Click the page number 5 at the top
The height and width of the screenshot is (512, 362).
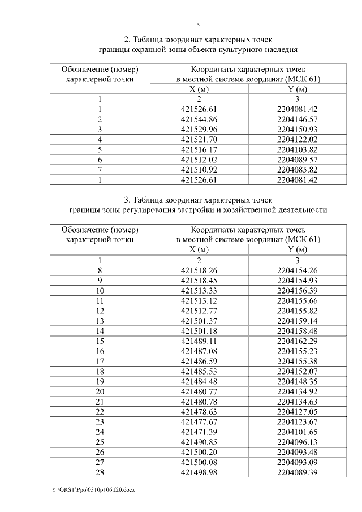click(198, 25)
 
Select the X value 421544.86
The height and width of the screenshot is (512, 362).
click(199, 119)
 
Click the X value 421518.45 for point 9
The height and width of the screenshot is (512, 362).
click(199, 281)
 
